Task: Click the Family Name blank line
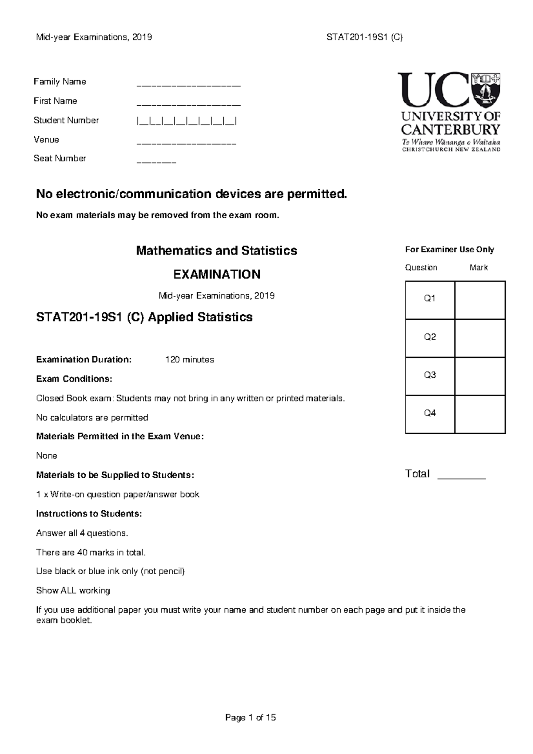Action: [x=188, y=84]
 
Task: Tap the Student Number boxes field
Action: [x=187, y=121]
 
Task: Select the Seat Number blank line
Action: [x=156, y=162]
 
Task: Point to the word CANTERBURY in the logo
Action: [x=450, y=130]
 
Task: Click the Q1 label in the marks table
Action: [x=430, y=299]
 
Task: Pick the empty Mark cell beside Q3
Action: [x=480, y=376]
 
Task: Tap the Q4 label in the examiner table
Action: [x=430, y=413]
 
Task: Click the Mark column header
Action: [x=478, y=268]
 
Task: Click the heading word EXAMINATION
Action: [x=217, y=274]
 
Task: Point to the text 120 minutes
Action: [x=189, y=360]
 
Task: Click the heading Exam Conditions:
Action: [x=74, y=379]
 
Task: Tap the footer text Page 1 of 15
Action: [x=251, y=718]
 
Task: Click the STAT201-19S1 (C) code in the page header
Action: [x=364, y=37]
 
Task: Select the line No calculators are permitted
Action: [x=92, y=418]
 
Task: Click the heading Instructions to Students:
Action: [x=89, y=514]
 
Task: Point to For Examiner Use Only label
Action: [x=449, y=250]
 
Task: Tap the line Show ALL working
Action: [x=73, y=591]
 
